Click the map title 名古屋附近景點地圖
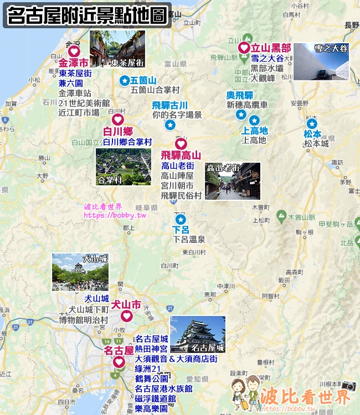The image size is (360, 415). click(87, 15)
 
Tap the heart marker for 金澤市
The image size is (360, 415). click(74, 52)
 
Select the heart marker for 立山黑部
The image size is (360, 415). click(244, 47)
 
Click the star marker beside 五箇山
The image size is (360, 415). click(124, 81)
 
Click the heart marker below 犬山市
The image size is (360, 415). click(126, 316)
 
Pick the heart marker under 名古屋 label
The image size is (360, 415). click(119, 362)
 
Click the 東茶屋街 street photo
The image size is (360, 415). click(117, 49)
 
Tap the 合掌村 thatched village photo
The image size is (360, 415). click(123, 166)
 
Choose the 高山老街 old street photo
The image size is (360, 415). click(232, 180)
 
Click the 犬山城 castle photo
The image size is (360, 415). click(80, 272)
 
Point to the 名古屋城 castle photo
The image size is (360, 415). click(198, 334)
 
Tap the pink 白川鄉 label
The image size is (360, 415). click(118, 131)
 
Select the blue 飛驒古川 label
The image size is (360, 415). click(170, 105)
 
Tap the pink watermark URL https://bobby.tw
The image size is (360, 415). click(115, 215)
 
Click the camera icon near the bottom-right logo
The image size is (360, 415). click(348, 386)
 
